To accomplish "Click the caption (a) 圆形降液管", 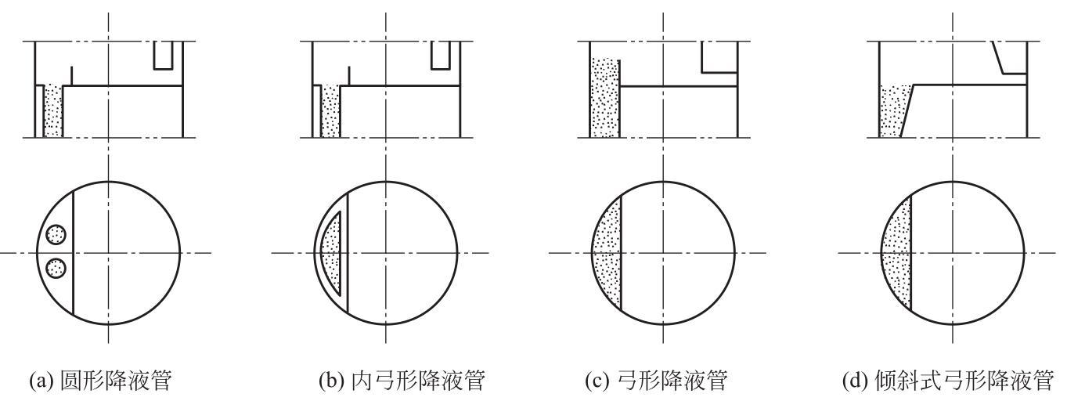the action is [x=100, y=381].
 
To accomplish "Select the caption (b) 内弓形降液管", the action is [x=402, y=381].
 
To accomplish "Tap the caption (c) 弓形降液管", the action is [x=656, y=381].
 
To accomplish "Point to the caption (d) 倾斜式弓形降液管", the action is [x=948, y=381].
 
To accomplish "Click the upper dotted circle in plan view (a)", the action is [x=56, y=234].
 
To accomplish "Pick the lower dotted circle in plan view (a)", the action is [x=56, y=268].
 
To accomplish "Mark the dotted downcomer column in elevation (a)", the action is [x=53, y=111].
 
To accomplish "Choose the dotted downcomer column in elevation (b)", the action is [x=330, y=111].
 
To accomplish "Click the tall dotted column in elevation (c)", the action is [x=605, y=98].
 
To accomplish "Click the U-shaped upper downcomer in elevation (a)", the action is [x=163, y=56].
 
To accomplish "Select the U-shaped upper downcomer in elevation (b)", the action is [x=441, y=56].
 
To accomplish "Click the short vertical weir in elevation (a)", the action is [x=71, y=76].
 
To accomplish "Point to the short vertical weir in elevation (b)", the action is [x=349, y=76].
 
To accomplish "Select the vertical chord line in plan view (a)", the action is [x=74, y=253].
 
